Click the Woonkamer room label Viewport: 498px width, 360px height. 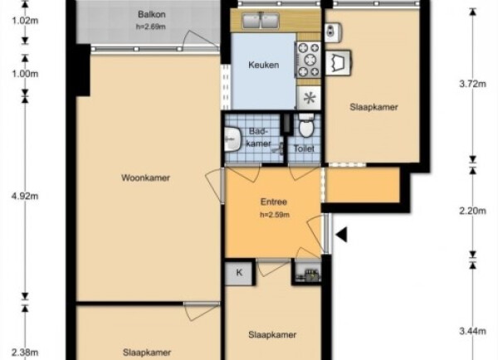[145, 178]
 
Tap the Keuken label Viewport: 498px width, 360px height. [264, 65]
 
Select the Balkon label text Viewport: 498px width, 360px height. [152, 15]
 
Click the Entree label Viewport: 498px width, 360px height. [274, 202]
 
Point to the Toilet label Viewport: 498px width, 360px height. [304, 148]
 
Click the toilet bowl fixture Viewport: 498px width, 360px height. [306, 125]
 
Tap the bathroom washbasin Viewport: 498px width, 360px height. [232, 139]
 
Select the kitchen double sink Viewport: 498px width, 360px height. [261, 21]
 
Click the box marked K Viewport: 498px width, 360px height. [239, 273]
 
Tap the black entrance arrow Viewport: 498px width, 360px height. [341, 235]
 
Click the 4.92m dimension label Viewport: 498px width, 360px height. [25, 197]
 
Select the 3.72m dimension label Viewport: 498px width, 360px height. [472, 84]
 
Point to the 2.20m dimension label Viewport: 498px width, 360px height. [472, 211]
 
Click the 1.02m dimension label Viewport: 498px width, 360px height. [25, 21]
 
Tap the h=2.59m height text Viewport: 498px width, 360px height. [275, 215]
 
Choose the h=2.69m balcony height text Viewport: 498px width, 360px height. [151, 27]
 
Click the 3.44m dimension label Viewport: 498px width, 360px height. [472, 332]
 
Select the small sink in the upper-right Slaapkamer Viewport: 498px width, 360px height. [333, 32]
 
